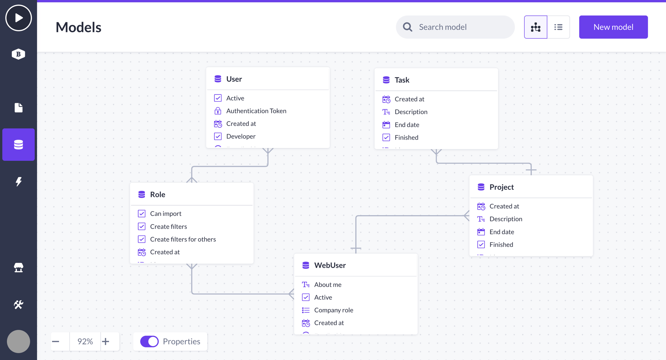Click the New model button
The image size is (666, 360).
point(613,27)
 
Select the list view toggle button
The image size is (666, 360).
point(558,27)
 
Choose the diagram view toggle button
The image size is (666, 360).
point(535,27)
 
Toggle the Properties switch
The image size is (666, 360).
point(149,341)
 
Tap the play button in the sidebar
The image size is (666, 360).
point(19,18)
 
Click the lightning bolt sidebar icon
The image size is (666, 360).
point(19,181)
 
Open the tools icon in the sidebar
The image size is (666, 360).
point(19,304)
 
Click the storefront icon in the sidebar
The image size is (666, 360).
point(19,268)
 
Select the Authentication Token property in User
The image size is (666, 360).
point(256,111)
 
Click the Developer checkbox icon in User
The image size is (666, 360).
point(218,136)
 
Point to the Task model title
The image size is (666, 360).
point(402,80)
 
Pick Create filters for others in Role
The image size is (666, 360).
point(183,239)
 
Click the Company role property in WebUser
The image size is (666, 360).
point(334,310)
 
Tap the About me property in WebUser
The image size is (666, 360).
point(328,284)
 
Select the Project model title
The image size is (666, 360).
point(502,187)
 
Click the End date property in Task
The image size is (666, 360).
point(407,125)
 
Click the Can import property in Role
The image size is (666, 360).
point(166,213)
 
